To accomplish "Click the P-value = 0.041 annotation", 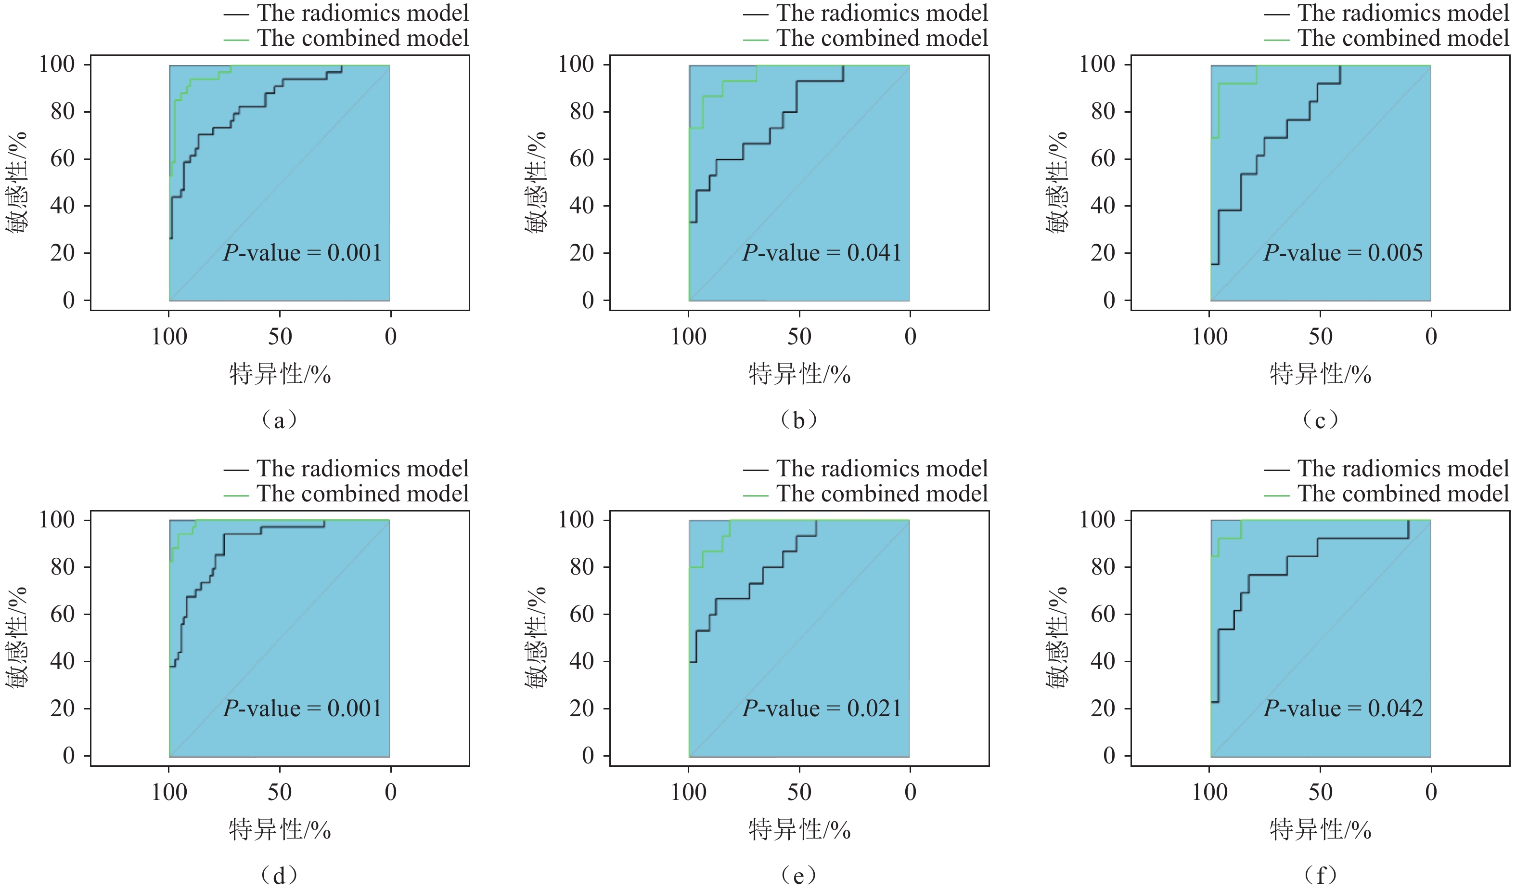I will [x=822, y=253].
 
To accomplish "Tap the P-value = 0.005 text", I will [x=1343, y=253].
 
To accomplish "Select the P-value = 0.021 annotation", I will [x=822, y=708].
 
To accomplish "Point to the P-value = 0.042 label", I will [x=1343, y=708].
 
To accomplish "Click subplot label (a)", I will [x=279, y=420].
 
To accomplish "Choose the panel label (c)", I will [x=1320, y=420].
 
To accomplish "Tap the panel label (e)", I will [x=799, y=875].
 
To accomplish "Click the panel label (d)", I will [x=279, y=875].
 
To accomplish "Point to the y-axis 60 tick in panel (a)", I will [x=63, y=159].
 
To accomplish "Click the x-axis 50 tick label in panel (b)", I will [x=799, y=337].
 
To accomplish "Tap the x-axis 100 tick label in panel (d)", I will [x=169, y=792].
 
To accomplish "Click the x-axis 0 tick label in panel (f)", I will [x=1430, y=792].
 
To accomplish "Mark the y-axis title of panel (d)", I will [x=17, y=637].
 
